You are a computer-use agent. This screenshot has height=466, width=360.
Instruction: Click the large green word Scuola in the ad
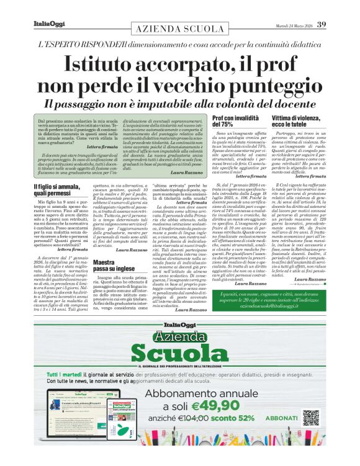point(180,352)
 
